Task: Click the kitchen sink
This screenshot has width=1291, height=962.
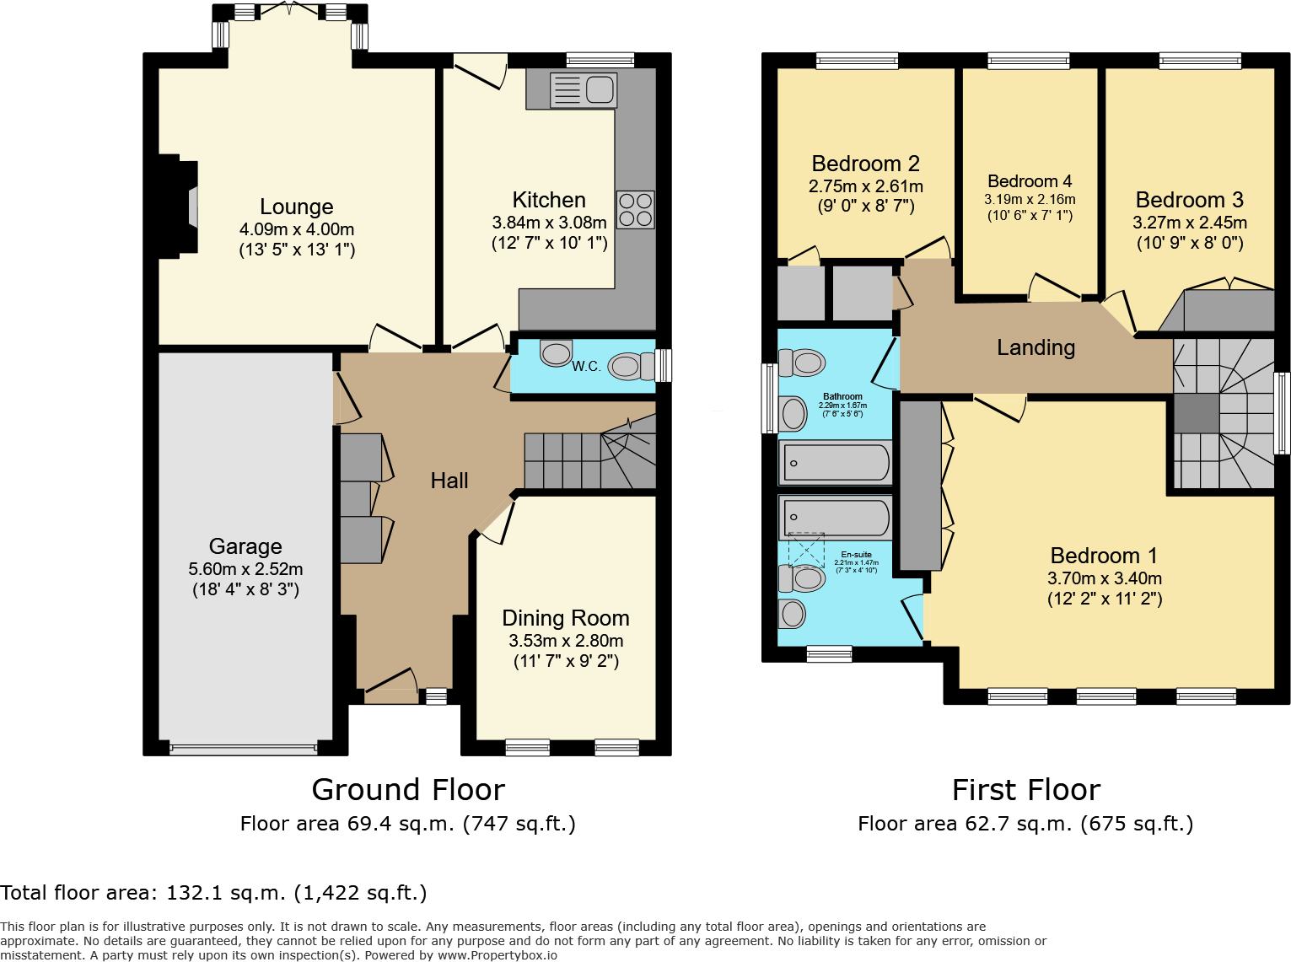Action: coord(583,89)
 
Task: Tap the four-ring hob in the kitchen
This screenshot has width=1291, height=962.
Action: coord(635,210)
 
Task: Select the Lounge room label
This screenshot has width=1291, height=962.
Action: coord(296,207)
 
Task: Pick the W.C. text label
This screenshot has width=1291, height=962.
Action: coord(586,366)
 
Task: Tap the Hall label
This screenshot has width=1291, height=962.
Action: coord(449,481)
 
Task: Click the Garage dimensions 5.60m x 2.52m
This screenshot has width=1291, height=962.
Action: coord(245,569)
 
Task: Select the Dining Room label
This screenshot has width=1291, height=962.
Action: coord(565,618)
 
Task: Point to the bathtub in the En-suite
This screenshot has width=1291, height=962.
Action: coord(835,517)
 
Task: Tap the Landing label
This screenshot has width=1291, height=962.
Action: coord(1035,347)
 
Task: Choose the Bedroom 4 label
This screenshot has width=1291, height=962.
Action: coord(1030,181)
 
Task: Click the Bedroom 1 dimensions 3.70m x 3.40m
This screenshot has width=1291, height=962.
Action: coord(1105,578)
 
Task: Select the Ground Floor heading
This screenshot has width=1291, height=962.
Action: coord(408,790)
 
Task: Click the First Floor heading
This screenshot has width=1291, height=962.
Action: coord(1025,790)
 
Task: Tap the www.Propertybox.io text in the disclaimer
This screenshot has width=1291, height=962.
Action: coord(497,955)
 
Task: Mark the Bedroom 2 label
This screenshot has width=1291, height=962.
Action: coord(865,164)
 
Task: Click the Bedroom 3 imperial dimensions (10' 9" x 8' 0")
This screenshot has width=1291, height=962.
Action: coord(1190,244)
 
